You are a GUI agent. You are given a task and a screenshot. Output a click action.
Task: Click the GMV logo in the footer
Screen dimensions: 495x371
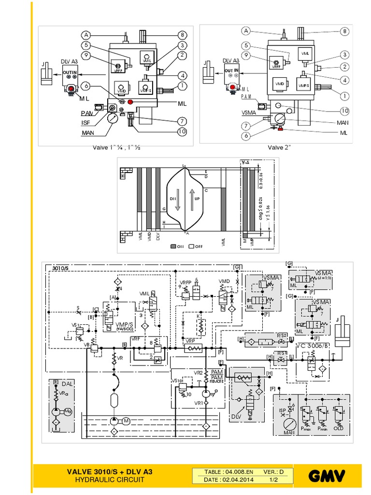(328, 477)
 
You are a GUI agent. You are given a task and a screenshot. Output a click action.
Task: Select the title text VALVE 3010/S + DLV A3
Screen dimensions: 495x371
(112, 472)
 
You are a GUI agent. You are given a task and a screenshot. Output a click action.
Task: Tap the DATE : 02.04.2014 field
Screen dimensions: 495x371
(223, 480)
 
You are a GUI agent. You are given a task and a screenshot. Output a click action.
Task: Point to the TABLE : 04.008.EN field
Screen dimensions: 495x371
(223, 472)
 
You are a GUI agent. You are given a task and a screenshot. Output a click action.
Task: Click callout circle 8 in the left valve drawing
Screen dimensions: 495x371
(182, 35)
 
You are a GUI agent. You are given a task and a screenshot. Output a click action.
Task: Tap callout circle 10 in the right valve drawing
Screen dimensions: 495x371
(344, 111)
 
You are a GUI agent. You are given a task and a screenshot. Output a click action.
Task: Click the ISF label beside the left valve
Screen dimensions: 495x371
(86, 123)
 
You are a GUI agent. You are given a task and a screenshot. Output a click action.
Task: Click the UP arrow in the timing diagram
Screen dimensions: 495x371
(192, 199)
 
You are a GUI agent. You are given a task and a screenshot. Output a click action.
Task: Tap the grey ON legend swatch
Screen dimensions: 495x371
(173, 247)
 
